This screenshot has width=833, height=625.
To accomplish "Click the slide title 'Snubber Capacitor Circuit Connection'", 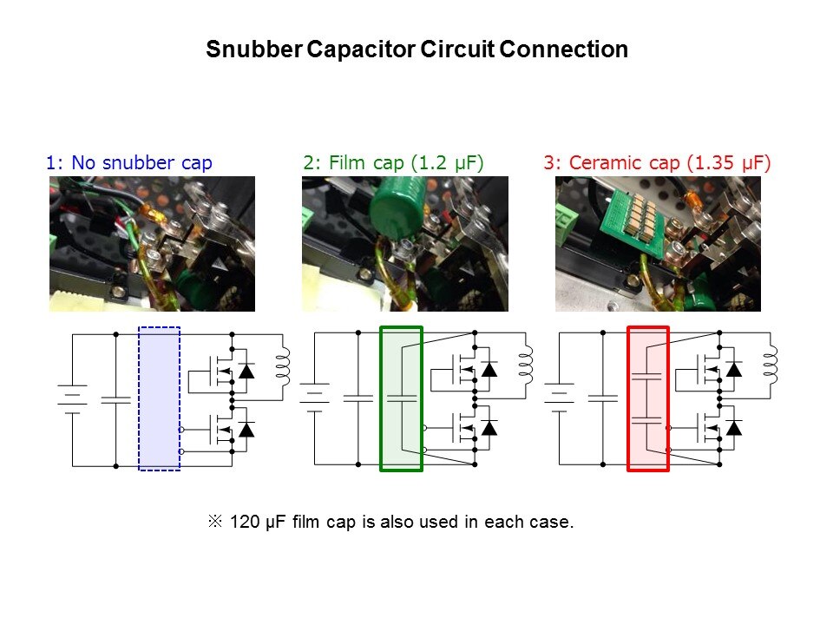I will (x=416, y=49).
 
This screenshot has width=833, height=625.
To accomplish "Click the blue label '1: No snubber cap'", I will (x=129, y=162).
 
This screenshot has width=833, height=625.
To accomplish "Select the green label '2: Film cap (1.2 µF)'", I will (x=393, y=162).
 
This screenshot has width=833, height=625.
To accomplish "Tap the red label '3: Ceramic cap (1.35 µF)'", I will (x=658, y=162).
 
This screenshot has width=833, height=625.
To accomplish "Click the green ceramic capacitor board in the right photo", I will (x=615, y=220).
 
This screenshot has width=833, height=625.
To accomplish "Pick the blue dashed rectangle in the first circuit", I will (x=160, y=398).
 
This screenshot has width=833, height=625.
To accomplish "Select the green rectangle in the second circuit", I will (x=401, y=398).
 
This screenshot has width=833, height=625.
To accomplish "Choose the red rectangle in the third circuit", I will (x=648, y=398).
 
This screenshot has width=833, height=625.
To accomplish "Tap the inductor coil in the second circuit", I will (x=526, y=365).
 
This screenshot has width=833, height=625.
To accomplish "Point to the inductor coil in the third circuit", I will (x=771, y=365).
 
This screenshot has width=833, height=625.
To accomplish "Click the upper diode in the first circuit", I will (x=247, y=371).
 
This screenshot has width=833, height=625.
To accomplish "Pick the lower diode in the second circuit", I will (x=489, y=427).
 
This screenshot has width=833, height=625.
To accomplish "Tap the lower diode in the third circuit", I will (x=734, y=427).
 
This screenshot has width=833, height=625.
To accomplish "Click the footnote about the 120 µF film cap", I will (x=390, y=523).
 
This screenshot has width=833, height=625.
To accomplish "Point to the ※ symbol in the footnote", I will (x=215, y=523).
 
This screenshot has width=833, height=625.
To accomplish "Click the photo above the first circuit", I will (x=152, y=244).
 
